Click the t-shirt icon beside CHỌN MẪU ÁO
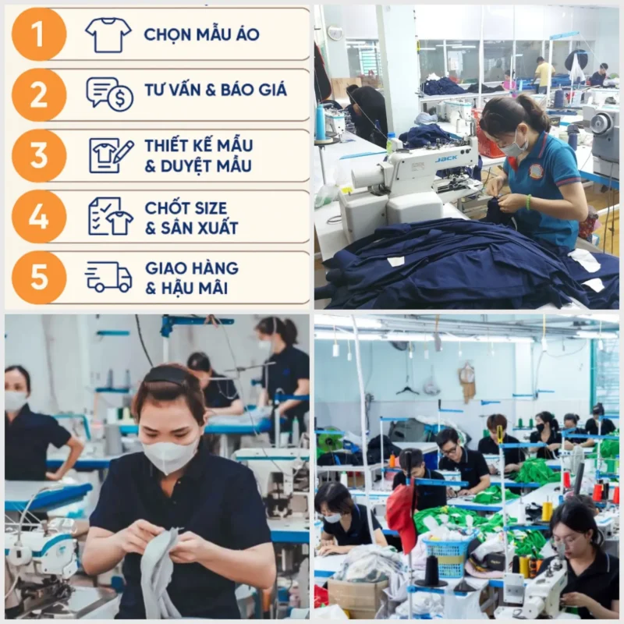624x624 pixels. click(108, 34)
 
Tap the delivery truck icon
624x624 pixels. click(108, 277)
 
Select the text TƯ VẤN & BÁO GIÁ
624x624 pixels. click(215, 90)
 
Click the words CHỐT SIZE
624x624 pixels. click(186, 208)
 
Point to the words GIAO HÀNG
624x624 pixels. click(192, 268)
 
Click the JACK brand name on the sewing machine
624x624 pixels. click(446, 158)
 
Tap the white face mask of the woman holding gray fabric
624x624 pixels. click(171, 456)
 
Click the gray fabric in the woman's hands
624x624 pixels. click(159, 569)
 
